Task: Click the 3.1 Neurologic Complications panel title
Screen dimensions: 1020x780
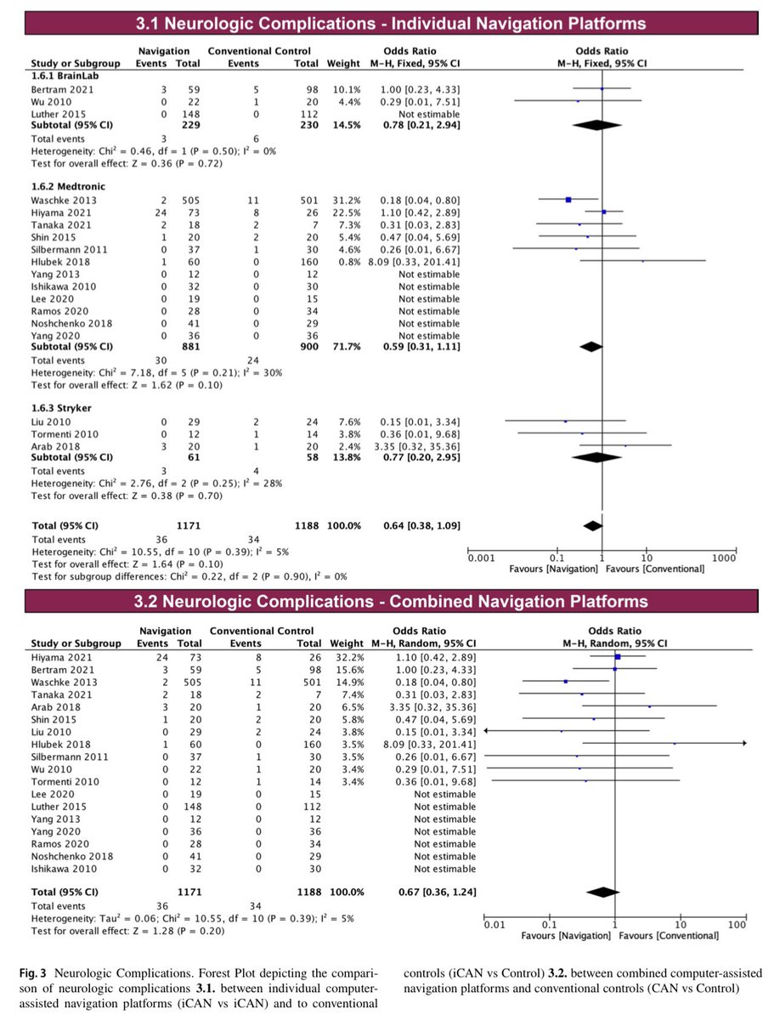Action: [x=390, y=23]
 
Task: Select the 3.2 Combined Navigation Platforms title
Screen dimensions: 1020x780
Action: [x=390, y=602]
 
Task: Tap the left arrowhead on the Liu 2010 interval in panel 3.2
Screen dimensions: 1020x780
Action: [x=485, y=731]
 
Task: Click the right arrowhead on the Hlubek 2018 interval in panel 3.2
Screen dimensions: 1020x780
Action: [x=743, y=744]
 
